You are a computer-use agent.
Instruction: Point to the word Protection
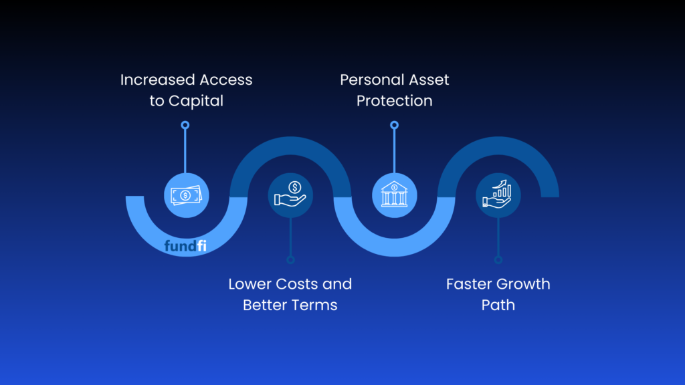pyautogui.click(x=394, y=101)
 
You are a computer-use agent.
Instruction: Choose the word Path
pyautogui.click(x=498, y=305)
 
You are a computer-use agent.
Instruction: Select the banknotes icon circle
pyautogui.click(x=187, y=195)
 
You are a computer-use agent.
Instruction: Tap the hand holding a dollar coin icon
pyautogui.click(x=290, y=195)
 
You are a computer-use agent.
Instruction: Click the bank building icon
pyautogui.click(x=394, y=195)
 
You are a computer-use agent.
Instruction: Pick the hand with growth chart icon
pyautogui.click(x=498, y=195)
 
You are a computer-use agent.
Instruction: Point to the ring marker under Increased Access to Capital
pyautogui.click(x=185, y=125)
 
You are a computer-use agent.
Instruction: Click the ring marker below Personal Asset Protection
pyautogui.click(x=394, y=125)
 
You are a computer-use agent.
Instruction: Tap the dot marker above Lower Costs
pyautogui.click(x=290, y=260)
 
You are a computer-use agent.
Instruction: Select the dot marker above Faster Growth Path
pyautogui.click(x=498, y=260)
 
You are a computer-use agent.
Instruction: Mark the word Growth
pyautogui.click(x=522, y=284)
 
